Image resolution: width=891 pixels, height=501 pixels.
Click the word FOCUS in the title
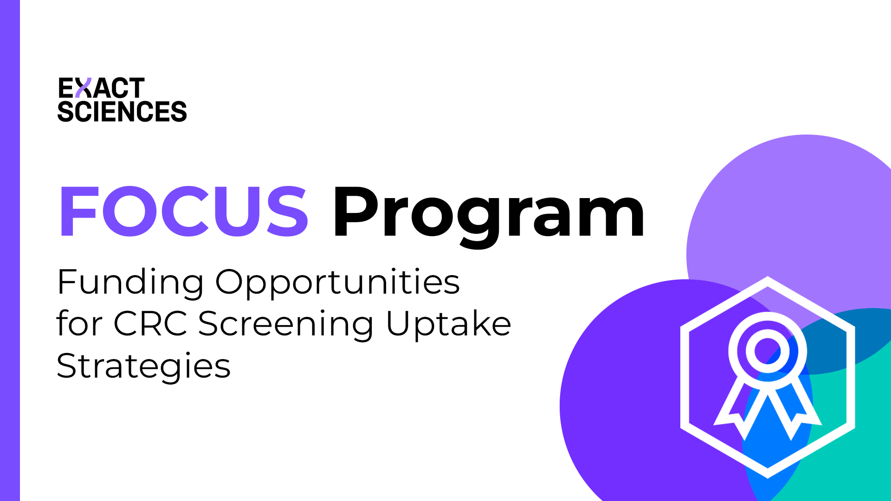point(183,212)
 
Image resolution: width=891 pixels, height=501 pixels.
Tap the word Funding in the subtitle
point(130,282)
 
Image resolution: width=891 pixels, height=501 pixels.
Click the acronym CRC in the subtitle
point(150,323)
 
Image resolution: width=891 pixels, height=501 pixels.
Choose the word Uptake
point(448,324)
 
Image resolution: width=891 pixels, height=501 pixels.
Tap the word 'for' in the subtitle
point(79,323)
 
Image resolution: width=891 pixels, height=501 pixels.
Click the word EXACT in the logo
point(101,88)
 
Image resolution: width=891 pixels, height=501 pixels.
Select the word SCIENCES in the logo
point(122,112)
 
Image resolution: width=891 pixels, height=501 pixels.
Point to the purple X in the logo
point(83,88)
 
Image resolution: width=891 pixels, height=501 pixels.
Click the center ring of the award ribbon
point(768,351)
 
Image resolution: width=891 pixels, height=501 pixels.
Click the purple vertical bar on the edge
point(10,250)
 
